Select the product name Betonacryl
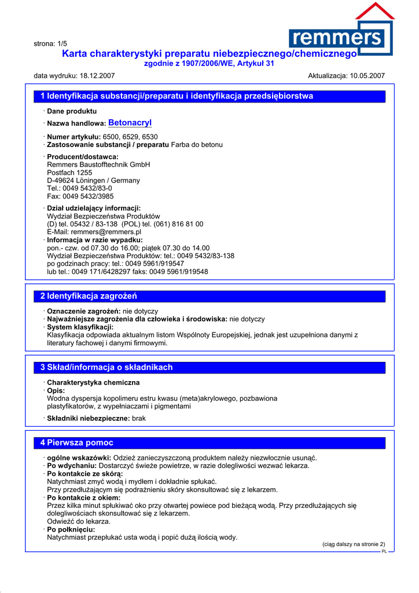click(130, 123)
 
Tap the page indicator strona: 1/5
click(50, 43)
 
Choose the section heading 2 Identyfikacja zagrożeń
click(89, 296)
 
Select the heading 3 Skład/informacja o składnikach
click(106, 368)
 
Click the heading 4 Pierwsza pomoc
click(76, 443)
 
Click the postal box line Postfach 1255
click(69, 173)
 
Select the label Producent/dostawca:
click(82, 157)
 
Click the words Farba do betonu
click(197, 145)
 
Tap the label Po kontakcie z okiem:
click(83, 498)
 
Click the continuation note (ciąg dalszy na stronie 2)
click(353, 544)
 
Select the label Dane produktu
click(72, 111)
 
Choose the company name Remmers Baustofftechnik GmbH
click(98, 164)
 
